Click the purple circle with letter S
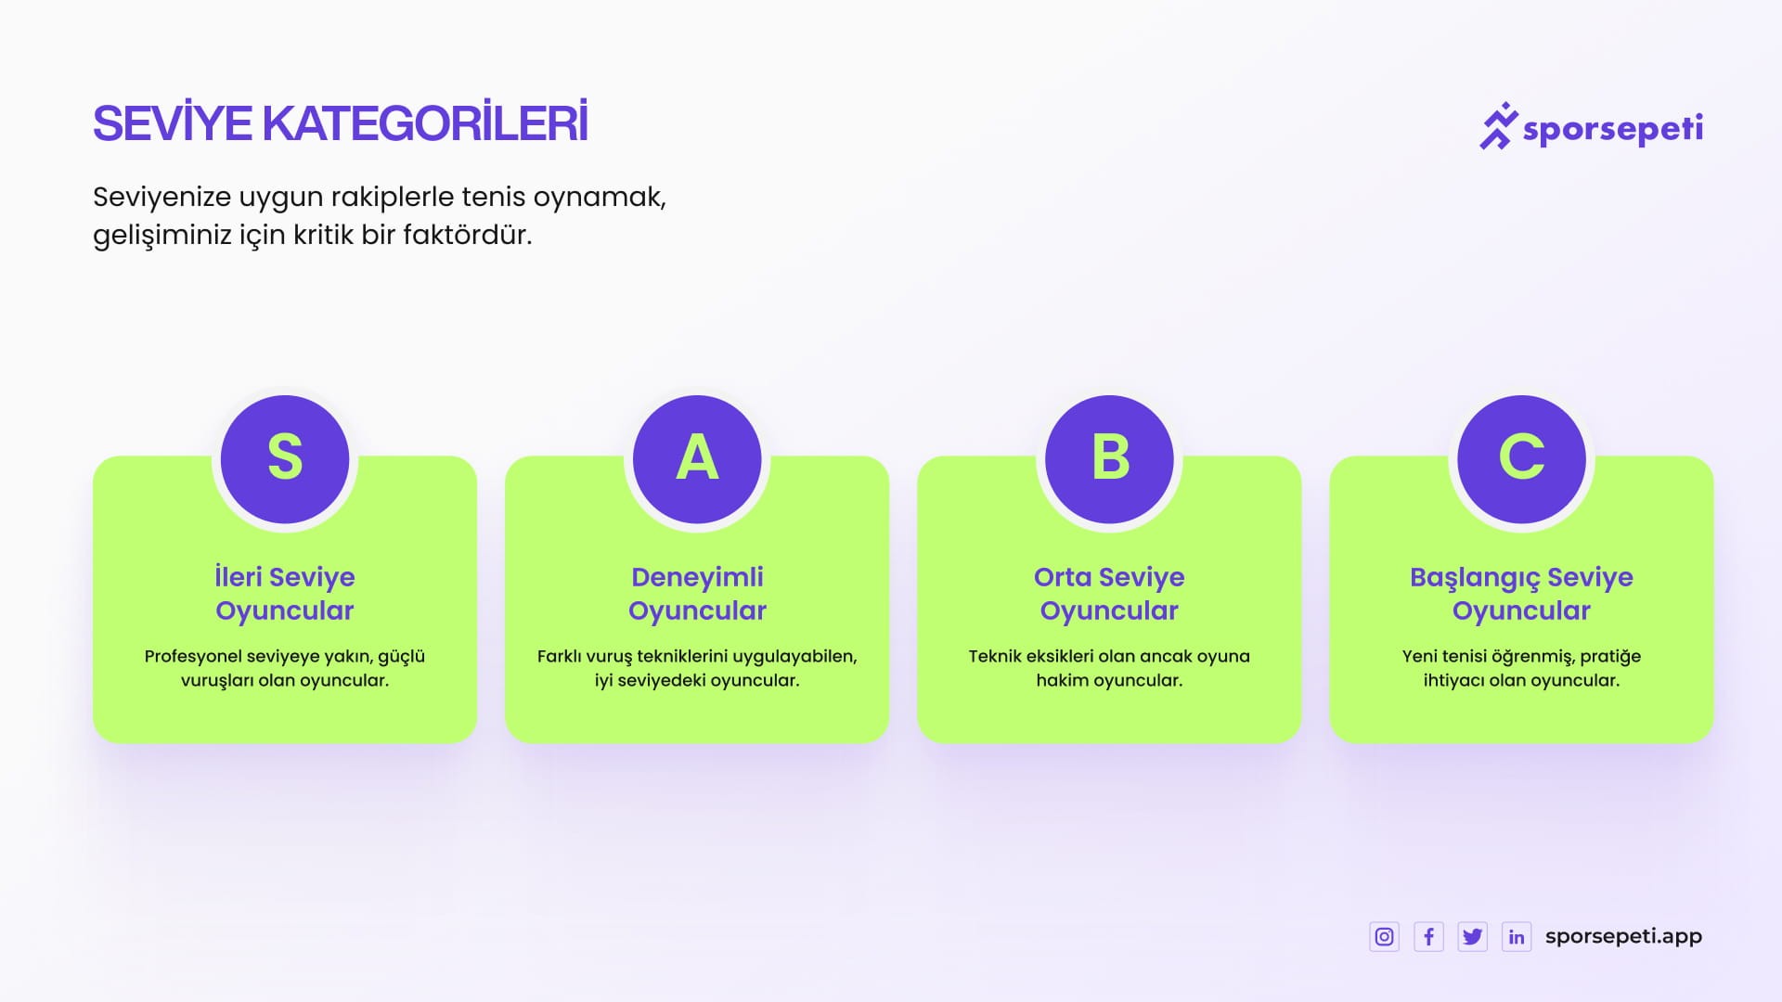(285, 459)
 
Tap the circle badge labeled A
(697, 459)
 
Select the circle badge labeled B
(1109, 459)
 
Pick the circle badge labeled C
(1521, 459)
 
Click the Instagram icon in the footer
(1384, 937)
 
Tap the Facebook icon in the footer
(1428, 937)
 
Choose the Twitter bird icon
(1472, 937)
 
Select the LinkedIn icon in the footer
(1517, 937)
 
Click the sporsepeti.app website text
(1623, 937)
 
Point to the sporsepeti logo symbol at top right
(1498, 125)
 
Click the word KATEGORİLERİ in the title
(425, 122)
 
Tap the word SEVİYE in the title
(173, 122)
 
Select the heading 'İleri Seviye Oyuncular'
(285, 594)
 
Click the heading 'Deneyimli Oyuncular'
(697, 594)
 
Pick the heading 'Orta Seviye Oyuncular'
(1109, 594)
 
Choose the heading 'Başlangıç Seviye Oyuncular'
(1521, 594)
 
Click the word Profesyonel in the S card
(193, 657)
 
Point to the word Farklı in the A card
(560, 656)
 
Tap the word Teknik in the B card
(995, 656)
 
